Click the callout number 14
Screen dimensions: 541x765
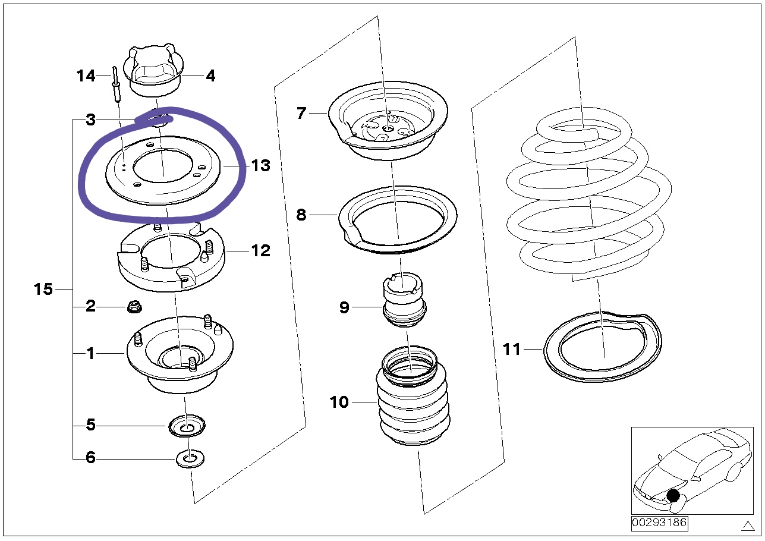click(86, 76)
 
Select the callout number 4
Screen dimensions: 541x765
click(210, 76)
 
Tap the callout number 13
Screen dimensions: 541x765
click(261, 166)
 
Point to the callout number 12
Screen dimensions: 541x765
click(260, 251)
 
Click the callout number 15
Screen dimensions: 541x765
click(43, 290)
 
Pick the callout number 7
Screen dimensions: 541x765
click(301, 112)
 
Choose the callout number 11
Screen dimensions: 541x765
click(511, 349)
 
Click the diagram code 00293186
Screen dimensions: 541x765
click(659, 523)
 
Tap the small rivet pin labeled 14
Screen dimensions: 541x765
click(115, 85)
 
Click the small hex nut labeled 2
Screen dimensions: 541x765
click(134, 307)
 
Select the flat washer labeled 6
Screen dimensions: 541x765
click(190, 459)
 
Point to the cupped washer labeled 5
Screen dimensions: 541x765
click(187, 426)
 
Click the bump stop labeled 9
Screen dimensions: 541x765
click(404, 300)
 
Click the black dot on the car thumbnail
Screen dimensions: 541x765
click(673, 495)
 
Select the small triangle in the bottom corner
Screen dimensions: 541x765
click(748, 525)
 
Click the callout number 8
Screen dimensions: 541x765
click(301, 215)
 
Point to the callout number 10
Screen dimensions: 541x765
click(339, 402)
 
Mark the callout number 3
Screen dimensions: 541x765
click(90, 120)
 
